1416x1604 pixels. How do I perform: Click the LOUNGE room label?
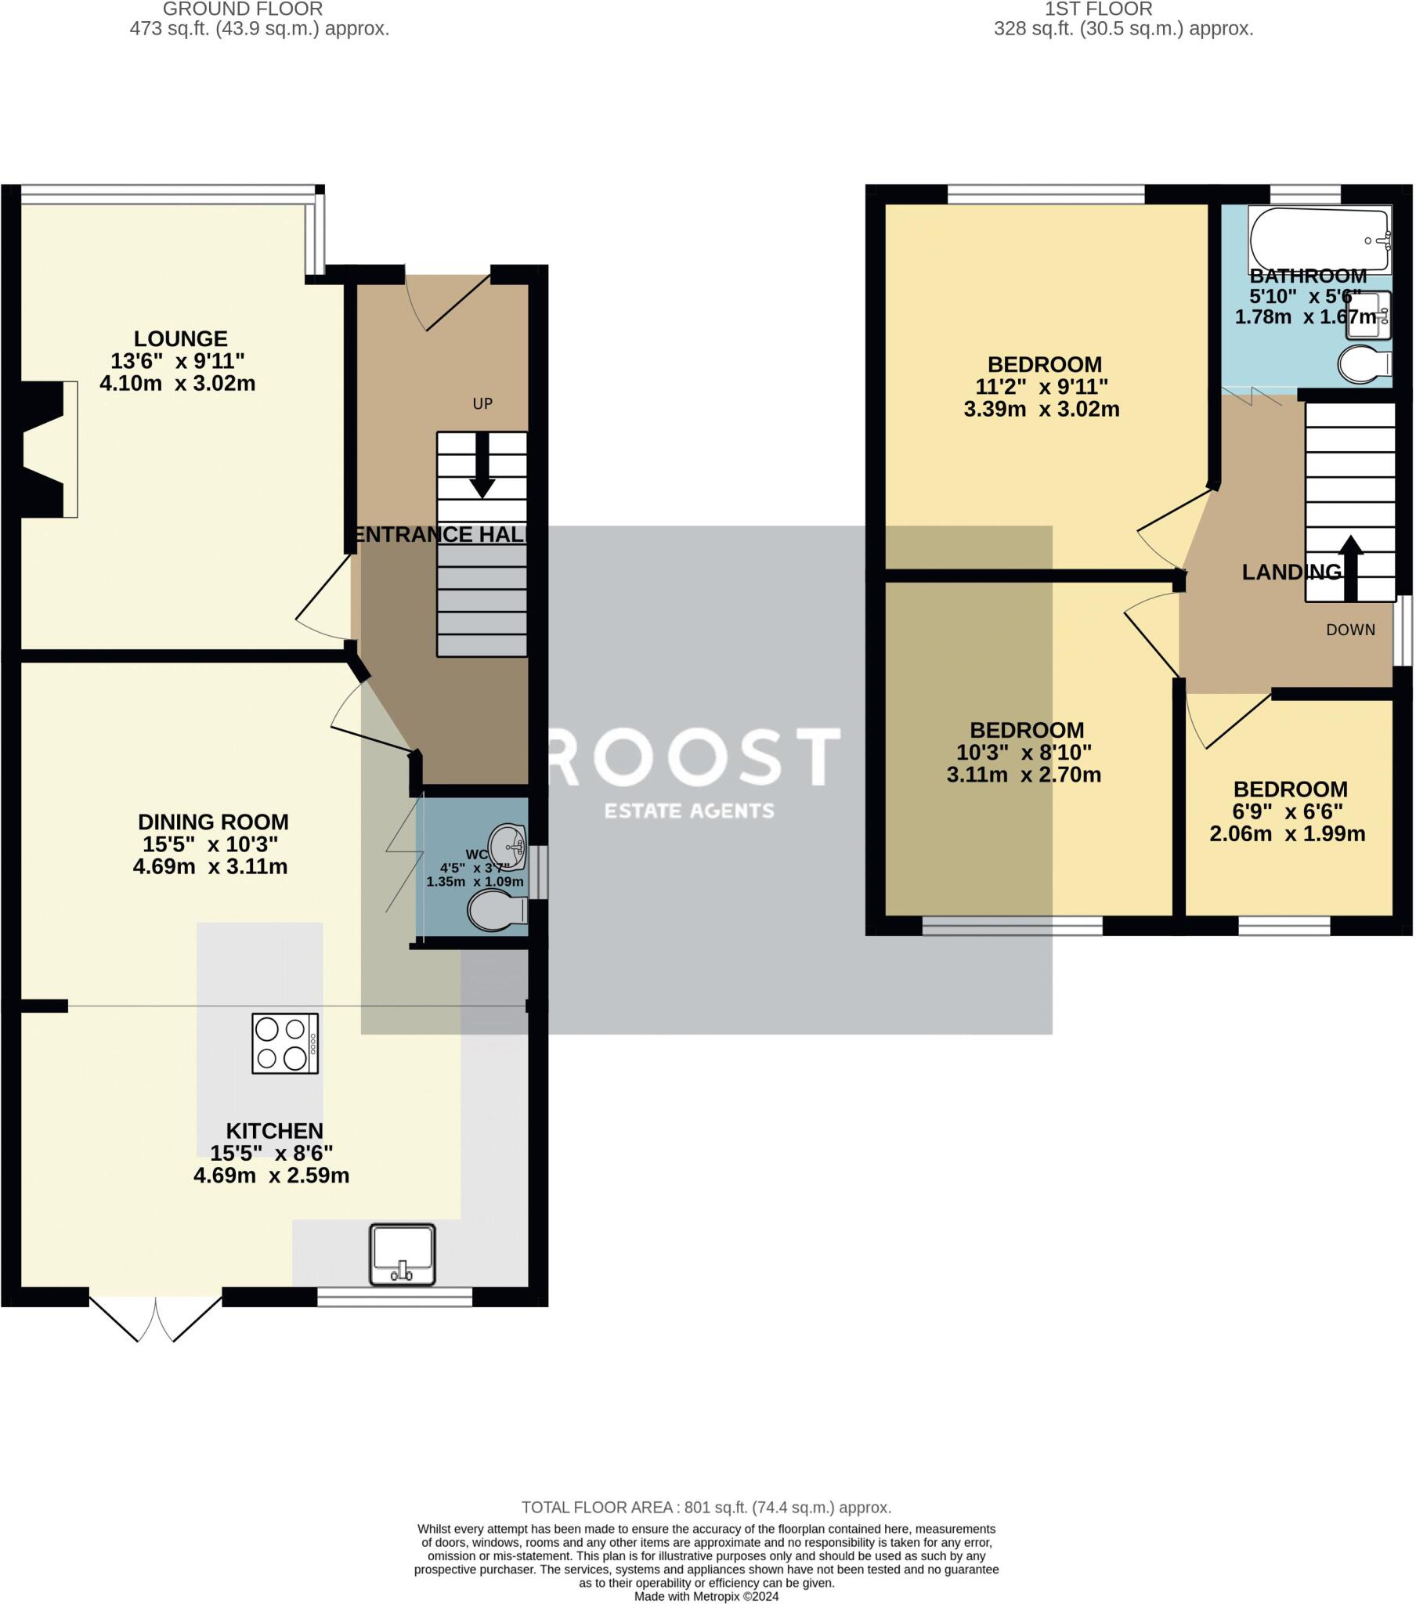181,339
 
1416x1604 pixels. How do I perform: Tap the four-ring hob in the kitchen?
285,1044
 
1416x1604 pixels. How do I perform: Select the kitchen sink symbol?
402,1254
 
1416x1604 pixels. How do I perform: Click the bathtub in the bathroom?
1319,240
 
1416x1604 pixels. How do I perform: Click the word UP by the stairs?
482,403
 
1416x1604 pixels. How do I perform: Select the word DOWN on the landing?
1350,630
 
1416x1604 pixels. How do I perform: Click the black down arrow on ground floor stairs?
481,467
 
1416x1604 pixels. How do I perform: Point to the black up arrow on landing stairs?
1350,566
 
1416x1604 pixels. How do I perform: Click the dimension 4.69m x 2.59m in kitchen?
271,1176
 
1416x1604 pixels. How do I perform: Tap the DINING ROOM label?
213,822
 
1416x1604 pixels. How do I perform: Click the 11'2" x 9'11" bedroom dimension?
1041,387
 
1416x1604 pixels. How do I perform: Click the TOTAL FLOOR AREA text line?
706,1508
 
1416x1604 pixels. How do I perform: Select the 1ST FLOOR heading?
1098,9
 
